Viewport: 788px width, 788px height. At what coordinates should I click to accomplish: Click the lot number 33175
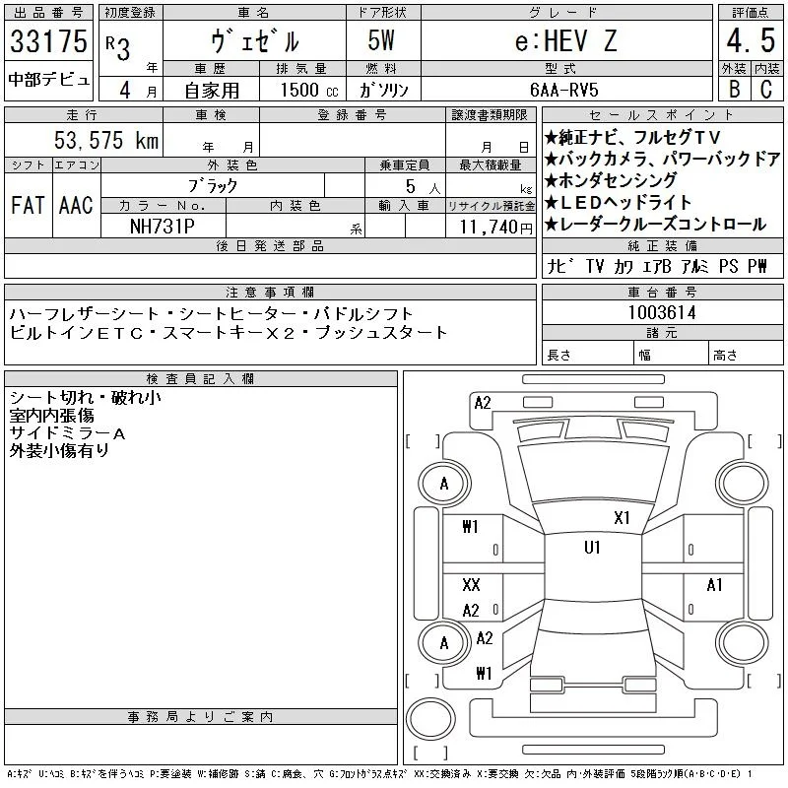(x=48, y=40)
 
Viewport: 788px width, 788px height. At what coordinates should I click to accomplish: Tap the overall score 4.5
(x=751, y=40)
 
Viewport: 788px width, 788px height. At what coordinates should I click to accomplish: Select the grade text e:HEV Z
(x=565, y=40)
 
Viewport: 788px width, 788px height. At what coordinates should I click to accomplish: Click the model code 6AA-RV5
(x=563, y=90)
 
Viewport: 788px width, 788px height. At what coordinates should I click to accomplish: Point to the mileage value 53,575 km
(x=106, y=140)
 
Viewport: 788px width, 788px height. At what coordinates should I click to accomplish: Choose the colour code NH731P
(x=163, y=227)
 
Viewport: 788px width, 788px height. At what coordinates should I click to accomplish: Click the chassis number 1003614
(x=662, y=312)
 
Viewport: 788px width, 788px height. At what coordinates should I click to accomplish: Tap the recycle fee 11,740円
(x=495, y=228)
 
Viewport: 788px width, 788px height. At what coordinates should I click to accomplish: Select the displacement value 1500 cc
(x=309, y=90)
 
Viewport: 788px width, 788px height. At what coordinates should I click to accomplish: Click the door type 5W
(x=381, y=40)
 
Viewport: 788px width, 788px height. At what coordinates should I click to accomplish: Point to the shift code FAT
(x=28, y=205)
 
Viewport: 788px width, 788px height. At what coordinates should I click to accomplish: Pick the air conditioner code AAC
(x=76, y=205)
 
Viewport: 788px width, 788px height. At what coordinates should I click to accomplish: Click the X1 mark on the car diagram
(x=622, y=518)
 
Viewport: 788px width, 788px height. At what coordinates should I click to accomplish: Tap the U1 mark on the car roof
(x=592, y=548)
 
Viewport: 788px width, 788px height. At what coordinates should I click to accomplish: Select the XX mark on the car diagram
(x=471, y=584)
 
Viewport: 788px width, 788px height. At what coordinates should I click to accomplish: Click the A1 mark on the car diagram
(x=714, y=585)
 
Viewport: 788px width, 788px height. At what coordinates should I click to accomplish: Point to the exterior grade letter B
(x=734, y=89)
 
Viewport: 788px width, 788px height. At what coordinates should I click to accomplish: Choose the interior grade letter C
(x=766, y=89)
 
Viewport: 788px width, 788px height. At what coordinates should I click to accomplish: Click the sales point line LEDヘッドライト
(x=619, y=202)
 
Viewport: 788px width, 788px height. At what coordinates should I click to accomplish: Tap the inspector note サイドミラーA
(x=67, y=433)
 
